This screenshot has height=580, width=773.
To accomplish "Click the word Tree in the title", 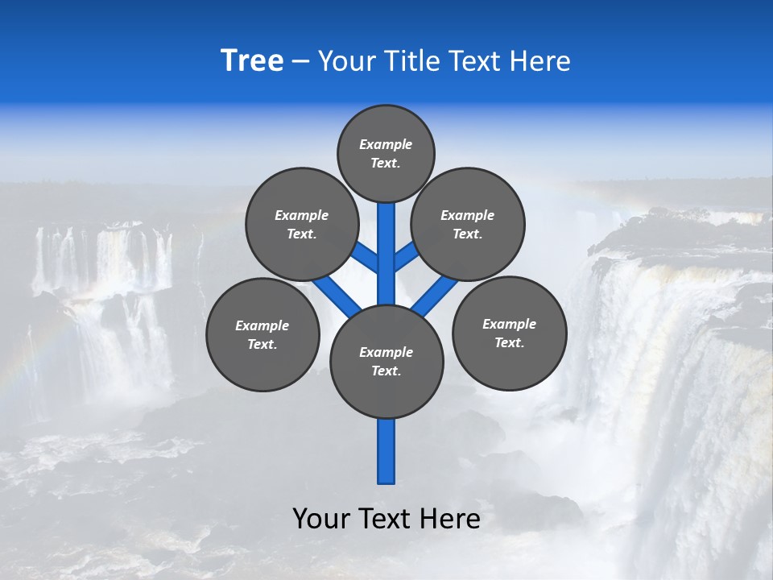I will click(x=252, y=61).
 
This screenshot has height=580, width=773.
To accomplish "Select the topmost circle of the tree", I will click(x=386, y=153).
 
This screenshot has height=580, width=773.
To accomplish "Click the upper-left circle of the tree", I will click(x=301, y=224).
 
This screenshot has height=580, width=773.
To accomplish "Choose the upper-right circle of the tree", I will click(x=468, y=224).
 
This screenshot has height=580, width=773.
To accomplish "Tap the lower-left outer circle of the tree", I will click(x=262, y=334).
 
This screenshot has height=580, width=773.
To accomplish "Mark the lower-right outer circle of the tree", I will click(x=509, y=333).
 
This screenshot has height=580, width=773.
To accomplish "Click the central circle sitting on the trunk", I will click(x=386, y=362).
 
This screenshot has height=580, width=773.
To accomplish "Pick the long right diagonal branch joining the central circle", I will click(x=436, y=293).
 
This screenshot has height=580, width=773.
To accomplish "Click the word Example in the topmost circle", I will click(x=386, y=144).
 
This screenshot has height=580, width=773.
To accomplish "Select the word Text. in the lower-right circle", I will click(x=509, y=342).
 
